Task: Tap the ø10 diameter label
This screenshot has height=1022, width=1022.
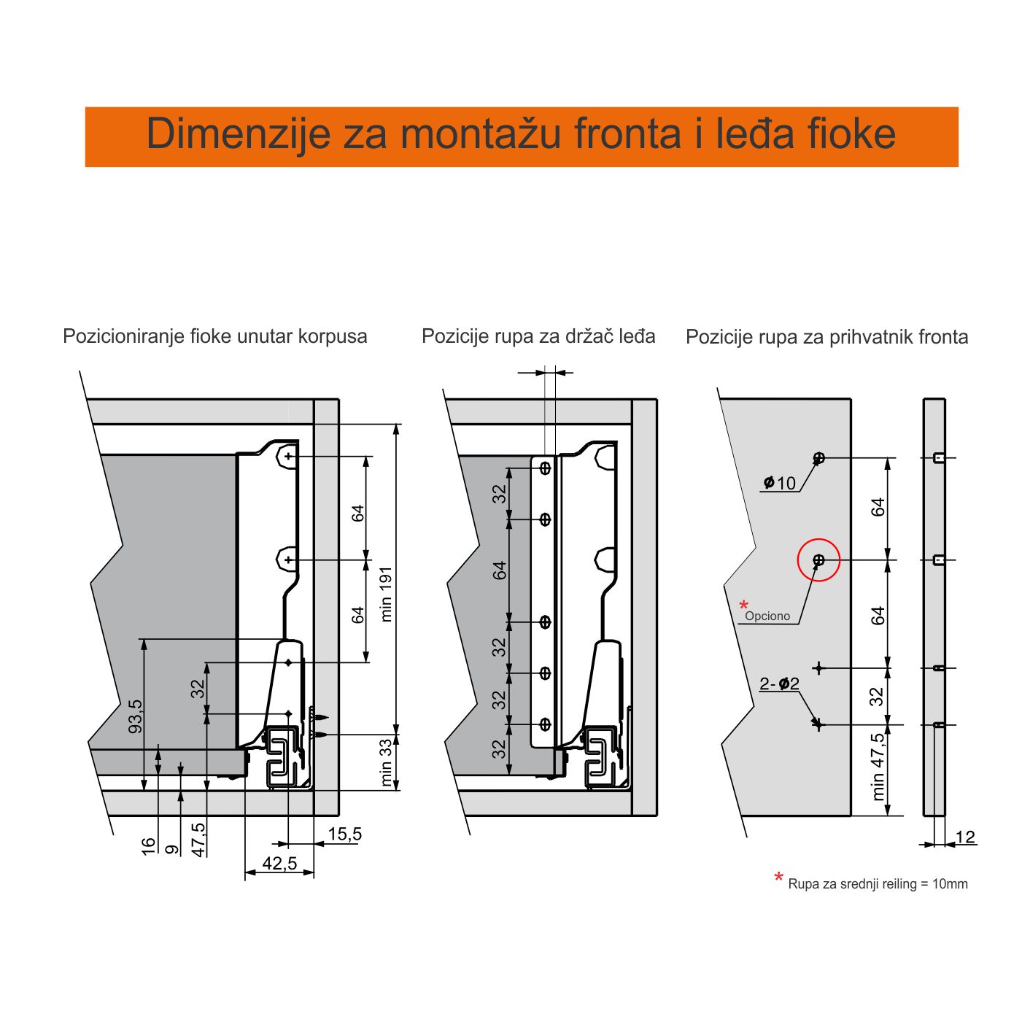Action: (780, 483)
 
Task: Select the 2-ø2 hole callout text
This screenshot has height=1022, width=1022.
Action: (779, 684)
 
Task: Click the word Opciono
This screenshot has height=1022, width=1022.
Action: (767, 616)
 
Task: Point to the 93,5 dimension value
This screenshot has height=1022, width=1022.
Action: (136, 716)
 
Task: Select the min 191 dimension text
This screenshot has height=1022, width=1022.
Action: (386, 594)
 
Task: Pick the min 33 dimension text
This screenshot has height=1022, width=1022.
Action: (386, 762)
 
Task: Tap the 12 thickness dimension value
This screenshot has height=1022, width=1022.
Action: (965, 837)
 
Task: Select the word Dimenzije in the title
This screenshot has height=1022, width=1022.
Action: (239, 134)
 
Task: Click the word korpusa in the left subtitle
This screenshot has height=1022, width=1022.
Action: (333, 337)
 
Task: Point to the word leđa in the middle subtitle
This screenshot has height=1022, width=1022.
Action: (635, 336)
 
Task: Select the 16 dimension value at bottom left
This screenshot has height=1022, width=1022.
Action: (149, 846)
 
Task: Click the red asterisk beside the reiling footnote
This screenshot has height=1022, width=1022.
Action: (778, 878)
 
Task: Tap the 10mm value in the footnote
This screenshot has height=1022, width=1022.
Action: (950, 884)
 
